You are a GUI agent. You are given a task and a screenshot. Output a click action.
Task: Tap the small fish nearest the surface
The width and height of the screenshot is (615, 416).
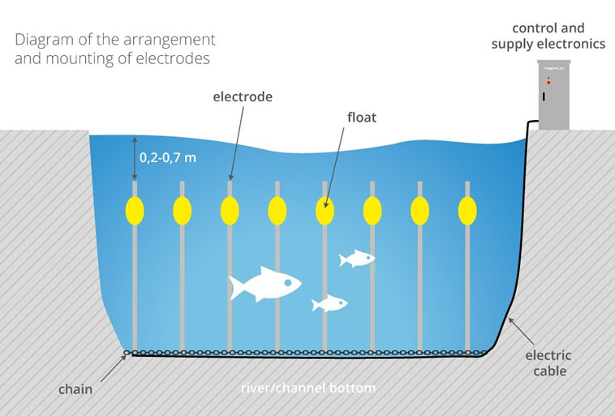pyautogui.click(x=357, y=259)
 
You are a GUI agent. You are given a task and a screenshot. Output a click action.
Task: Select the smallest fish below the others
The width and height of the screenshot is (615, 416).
pyautogui.click(x=330, y=303)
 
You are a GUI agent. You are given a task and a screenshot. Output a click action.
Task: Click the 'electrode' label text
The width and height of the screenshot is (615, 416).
pyautogui.click(x=243, y=96)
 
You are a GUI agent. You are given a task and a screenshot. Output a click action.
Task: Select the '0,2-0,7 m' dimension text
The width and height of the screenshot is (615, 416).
pyautogui.click(x=168, y=157)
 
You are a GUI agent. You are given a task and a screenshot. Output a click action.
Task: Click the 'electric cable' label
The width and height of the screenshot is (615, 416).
pyautogui.click(x=548, y=363)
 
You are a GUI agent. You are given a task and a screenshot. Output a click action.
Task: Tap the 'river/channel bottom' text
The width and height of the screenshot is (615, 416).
pyautogui.click(x=308, y=388)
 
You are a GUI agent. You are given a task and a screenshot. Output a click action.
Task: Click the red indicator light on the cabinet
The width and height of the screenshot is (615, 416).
pyautogui.click(x=548, y=83)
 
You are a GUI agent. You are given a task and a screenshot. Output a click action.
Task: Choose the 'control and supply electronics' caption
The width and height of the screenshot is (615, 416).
pyautogui.click(x=548, y=36)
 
